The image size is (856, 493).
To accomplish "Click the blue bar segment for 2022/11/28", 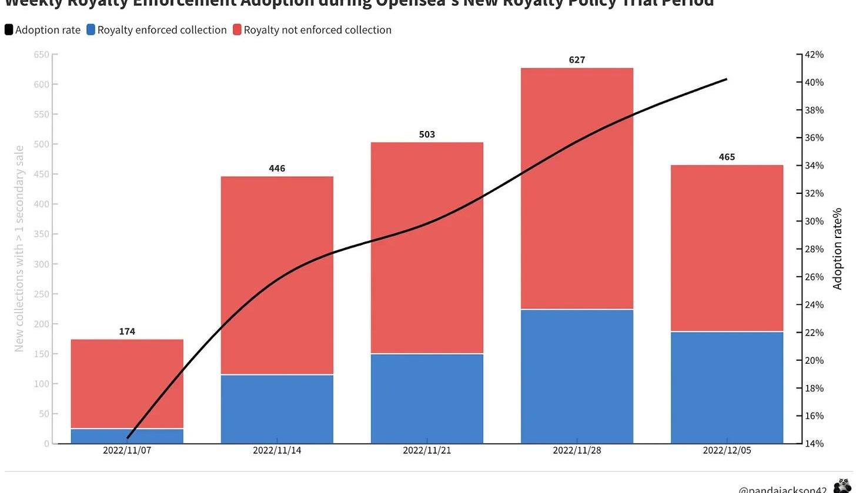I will pyautogui.click(x=577, y=376).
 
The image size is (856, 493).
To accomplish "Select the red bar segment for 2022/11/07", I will pyautogui.click(x=127, y=384).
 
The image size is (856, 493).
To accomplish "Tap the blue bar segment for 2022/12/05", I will pyautogui.click(x=727, y=387).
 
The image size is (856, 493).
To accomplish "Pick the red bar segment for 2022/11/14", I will pyautogui.click(x=277, y=275).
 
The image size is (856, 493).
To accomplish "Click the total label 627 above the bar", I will pyautogui.click(x=577, y=60).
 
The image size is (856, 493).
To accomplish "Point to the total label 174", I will pyautogui.click(x=127, y=331).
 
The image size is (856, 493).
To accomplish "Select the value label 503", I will pyautogui.click(x=427, y=135).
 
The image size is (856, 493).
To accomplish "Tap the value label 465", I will pyautogui.click(x=727, y=157).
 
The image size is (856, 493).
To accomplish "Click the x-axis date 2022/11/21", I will pyautogui.click(x=427, y=451).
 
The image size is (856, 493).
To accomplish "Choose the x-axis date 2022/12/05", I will pyautogui.click(x=727, y=451).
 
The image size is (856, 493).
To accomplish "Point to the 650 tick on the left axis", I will pyautogui.click(x=42, y=55).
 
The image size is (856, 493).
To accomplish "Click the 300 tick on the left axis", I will pyautogui.click(x=42, y=264).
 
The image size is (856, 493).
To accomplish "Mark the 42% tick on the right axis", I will pyautogui.click(x=814, y=55).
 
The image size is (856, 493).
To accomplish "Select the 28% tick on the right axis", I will pyautogui.click(x=814, y=249).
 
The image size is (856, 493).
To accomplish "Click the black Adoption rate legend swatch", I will pyautogui.click(x=9, y=30).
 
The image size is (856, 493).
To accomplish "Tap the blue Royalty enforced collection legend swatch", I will pyautogui.click(x=91, y=30).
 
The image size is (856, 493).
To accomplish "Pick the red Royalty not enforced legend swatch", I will pyautogui.click(x=237, y=30).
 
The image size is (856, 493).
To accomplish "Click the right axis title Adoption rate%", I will pyautogui.click(x=838, y=249).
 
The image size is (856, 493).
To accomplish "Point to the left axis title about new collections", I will pyautogui.click(x=19, y=249).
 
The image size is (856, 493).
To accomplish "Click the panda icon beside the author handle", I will pyautogui.click(x=842, y=486).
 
